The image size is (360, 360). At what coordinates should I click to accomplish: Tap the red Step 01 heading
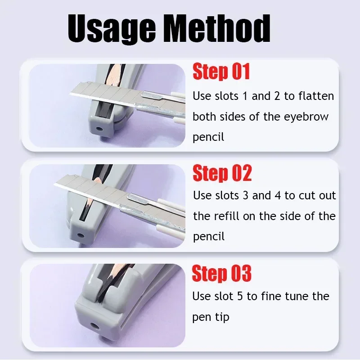point(221,72)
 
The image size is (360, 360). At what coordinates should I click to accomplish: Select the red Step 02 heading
point(222,173)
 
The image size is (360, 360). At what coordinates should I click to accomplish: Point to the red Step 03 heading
point(221,274)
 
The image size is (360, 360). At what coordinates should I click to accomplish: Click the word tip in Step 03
point(221,317)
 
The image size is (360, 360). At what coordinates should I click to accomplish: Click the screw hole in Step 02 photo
point(81,235)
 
